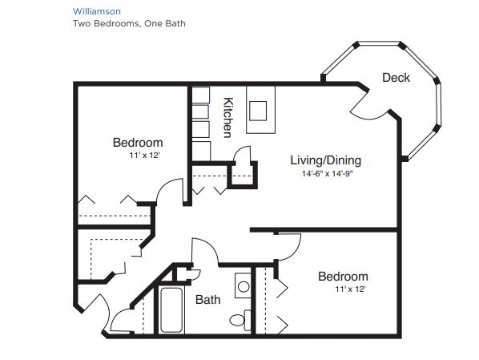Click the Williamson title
[97, 11]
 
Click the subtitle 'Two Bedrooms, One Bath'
[129, 23]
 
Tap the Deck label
[396, 78]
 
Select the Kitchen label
[228, 117]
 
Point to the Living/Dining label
[326, 160]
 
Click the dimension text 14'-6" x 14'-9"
[327, 174]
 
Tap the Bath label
[207, 299]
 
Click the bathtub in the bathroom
[171, 309]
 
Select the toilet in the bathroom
[240, 320]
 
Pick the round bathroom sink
[244, 286]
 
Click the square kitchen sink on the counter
[258, 111]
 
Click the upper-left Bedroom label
[138, 143]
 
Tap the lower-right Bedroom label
[343, 277]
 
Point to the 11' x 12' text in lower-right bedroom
[350, 289]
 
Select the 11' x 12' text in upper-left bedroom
[145, 156]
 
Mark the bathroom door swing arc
[211, 246]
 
